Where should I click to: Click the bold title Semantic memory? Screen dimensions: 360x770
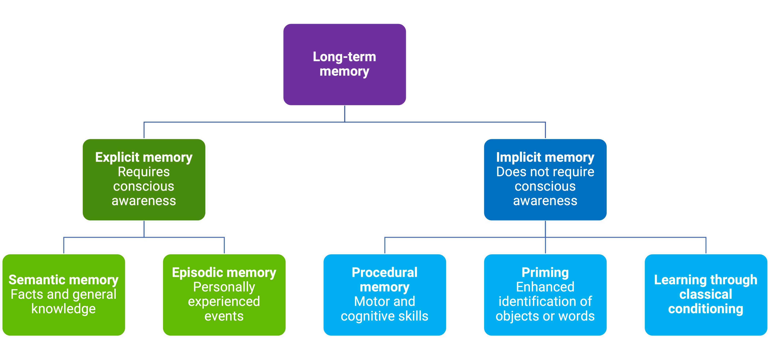[63, 280]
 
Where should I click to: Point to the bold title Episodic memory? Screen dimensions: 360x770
[224, 272]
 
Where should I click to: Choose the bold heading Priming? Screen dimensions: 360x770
[545, 272]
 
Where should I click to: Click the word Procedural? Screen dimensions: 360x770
[384, 272]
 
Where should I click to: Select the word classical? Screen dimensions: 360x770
[705, 294]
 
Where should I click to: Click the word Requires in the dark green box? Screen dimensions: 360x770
[144, 172]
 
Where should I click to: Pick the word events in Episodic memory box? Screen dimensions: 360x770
[224, 316]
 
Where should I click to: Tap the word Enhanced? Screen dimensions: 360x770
[545, 287]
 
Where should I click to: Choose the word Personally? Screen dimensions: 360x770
[224, 287]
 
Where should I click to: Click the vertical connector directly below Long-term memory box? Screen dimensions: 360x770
[345, 114]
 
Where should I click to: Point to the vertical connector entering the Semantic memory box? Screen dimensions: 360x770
[64, 246]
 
